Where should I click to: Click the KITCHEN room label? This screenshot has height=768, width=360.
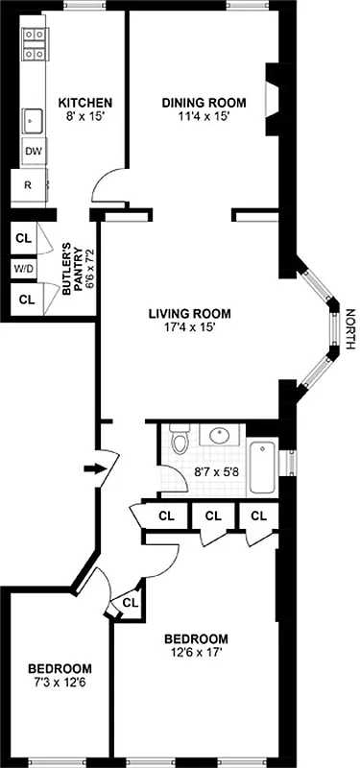coord(85,104)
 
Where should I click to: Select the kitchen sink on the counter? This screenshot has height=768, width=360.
coord(34,121)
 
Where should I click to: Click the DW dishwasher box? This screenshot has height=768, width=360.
coord(33,152)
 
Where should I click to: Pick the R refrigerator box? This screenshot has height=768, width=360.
coord(29,185)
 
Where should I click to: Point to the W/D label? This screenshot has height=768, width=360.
coord(22,269)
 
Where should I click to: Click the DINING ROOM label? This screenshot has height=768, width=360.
coord(204,104)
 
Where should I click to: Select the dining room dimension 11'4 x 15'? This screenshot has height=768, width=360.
coord(204,117)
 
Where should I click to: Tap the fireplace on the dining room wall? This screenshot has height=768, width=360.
coord(274,98)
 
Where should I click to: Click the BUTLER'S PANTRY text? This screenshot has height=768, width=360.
coord(74,270)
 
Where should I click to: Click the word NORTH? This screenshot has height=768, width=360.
coord(350,329)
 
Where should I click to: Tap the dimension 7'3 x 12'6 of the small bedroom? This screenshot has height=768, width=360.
coord(60,683)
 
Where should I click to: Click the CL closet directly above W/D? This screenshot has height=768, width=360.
coord(24,237)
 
